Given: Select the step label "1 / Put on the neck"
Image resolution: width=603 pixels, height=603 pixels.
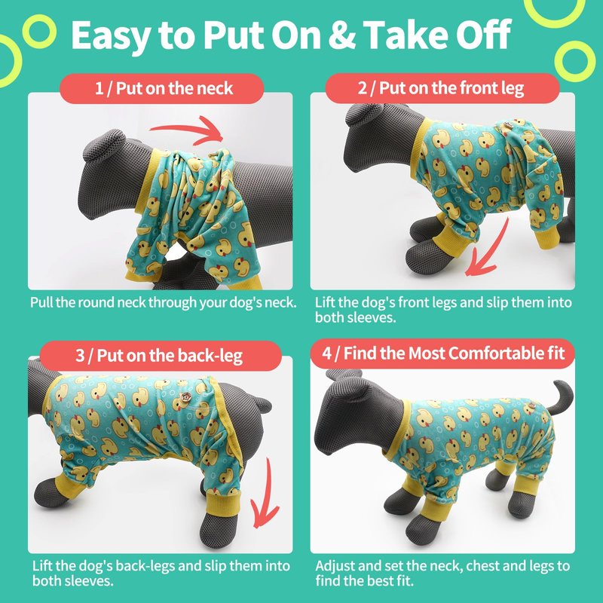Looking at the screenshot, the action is pos(164,88).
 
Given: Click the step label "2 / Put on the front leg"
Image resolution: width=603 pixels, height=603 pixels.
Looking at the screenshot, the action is pos(441,88).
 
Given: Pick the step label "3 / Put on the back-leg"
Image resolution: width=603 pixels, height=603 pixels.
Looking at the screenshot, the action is pos(159,355).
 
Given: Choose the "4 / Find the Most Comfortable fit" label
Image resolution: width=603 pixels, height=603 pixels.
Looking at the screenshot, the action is pos(443,353).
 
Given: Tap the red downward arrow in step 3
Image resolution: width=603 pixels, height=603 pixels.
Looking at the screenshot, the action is pos(266,496).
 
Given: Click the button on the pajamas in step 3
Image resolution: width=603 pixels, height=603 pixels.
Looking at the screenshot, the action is pos(186,397).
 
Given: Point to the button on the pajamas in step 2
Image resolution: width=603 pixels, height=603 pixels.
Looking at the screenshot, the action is pos(508,124).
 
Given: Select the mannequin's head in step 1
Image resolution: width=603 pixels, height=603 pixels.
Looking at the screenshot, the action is pos(109,173).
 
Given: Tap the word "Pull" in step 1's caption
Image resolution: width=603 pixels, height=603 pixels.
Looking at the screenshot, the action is pos(41,303).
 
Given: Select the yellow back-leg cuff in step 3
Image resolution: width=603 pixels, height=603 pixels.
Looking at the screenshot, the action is pos(222,502).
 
